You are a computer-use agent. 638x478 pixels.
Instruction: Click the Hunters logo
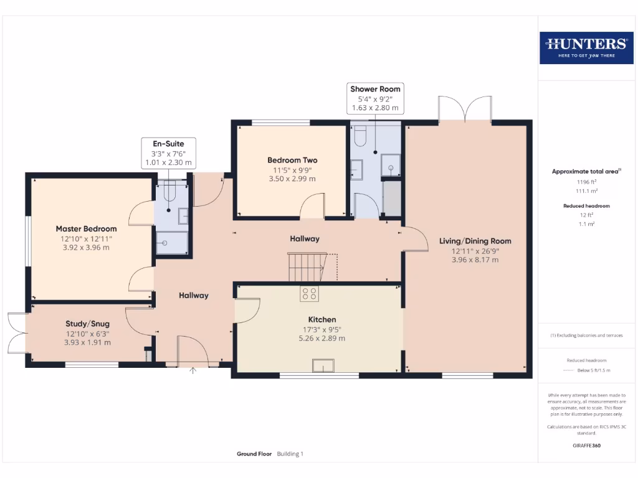pyautogui.click(x=586, y=47)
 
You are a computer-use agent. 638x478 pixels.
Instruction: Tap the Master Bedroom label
pyautogui.click(x=86, y=228)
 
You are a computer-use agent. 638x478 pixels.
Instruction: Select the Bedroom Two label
pyautogui.click(x=292, y=160)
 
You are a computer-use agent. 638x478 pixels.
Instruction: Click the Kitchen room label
pyautogui.click(x=321, y=319)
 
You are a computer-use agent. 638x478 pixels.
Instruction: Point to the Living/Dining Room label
pyautogui.click(x=475, y=241)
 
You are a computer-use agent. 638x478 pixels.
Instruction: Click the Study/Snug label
pyautogui.click(x=87, y=324)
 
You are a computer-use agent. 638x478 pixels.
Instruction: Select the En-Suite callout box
pyautogui.click(x=168, y=153)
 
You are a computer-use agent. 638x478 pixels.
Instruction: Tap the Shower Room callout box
pyautogui.click(x=375, y=98)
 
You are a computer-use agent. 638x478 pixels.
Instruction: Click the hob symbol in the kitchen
pyautogui.click(x=310, y=293)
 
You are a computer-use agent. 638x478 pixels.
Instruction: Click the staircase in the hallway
pyautogui.click(x=307, y=266)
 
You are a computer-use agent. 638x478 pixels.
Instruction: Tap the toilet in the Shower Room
pyautogui.click(x=361, y=135)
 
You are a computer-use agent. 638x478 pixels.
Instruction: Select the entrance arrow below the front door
pyautogui.click(x=193, y=372)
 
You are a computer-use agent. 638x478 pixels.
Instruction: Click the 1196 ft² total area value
pyautogui.click(x=586, y=182)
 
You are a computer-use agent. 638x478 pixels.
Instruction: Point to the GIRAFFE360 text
pyautogui.click(x=586, y=446)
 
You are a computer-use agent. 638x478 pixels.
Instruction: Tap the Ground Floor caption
pyautogui.click(x=254, y=454)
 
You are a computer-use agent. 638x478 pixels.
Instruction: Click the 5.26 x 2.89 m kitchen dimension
pyautogui.click(x=321, y=339)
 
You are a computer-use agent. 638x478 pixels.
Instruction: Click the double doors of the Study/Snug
pyautogui.click(x=17, y=333)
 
